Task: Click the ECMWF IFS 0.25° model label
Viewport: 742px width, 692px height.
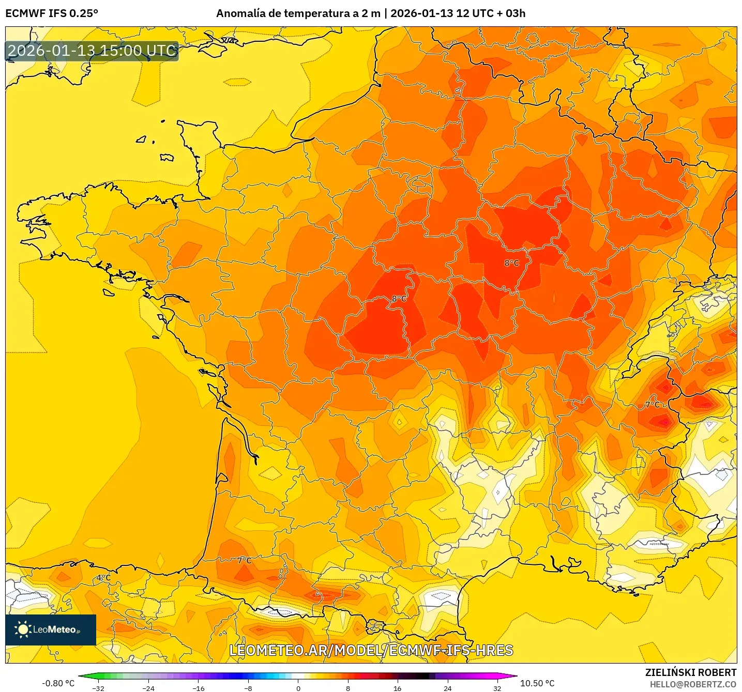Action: (52, 13)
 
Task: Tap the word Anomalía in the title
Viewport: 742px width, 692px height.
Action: (240, 13)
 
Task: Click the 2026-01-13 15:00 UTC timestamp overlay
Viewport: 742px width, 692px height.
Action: (92, 51)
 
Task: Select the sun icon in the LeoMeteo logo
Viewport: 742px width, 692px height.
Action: (23, 629)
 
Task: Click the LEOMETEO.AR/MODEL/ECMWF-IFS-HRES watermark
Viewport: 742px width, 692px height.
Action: (371, 650)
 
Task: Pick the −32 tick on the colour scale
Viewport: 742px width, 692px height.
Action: (98, 688)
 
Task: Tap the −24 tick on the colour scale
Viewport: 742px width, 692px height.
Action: (148, 688)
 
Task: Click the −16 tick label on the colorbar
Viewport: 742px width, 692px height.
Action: (199, 688)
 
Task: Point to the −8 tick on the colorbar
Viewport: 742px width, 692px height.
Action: (248, 688)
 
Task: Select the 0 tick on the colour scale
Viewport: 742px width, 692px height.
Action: (298, 688)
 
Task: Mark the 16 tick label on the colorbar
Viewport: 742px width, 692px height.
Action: (398, 688)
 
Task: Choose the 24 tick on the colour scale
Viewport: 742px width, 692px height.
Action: (448, 688)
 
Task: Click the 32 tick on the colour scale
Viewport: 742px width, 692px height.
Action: (497, 688)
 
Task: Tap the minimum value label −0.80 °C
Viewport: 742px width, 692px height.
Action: (58, 683)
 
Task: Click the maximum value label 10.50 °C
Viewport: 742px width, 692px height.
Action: (537, 683)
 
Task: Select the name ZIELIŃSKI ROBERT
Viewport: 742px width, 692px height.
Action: (691, 672)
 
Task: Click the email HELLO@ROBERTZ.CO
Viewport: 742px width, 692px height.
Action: (693, 684)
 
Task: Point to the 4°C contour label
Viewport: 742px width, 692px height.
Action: (103, 578)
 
